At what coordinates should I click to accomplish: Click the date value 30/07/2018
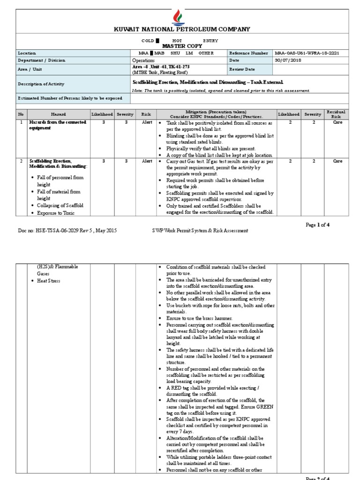click(286, 60)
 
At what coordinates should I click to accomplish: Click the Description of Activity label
click(41, 84)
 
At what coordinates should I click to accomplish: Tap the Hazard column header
click(59, 114)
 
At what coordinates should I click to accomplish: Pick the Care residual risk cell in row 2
click(337, 161)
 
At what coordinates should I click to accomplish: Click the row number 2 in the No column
click(21, 161)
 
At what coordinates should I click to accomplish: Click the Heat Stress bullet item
click(50, 281)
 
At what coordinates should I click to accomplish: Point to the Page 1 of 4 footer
click(318, 225)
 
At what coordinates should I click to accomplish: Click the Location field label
click(27, 53)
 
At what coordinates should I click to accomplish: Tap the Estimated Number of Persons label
click(70, 98)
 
